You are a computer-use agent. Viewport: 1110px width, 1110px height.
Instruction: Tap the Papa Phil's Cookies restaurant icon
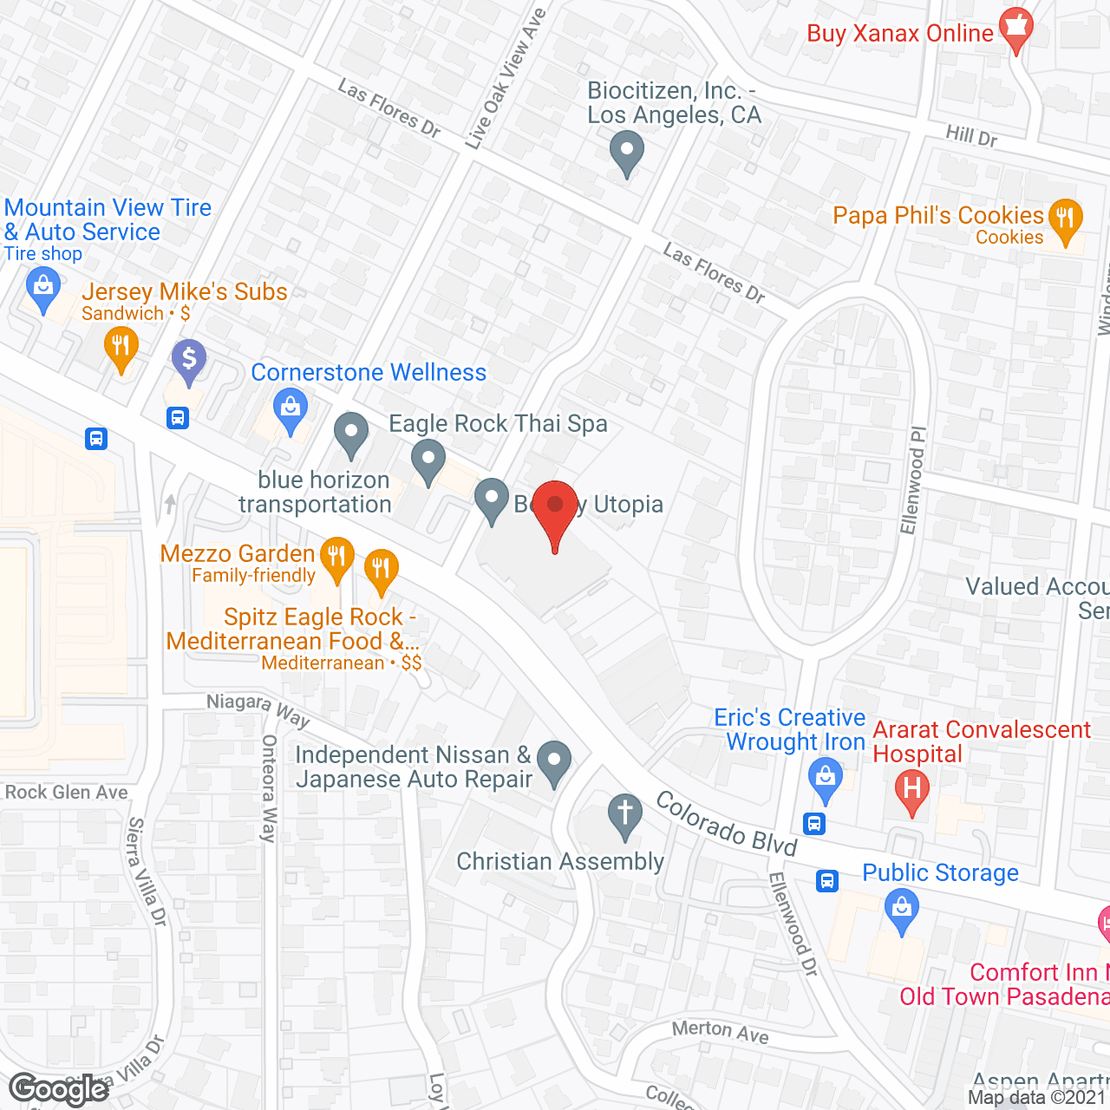tap(1065, 220)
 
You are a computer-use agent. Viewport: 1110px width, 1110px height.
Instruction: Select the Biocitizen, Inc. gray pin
tap(626, 153)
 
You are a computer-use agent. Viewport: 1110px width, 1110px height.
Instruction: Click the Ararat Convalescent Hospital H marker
tap(911, 790)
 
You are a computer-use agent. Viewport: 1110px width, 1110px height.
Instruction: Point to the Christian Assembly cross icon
tap(624, 815)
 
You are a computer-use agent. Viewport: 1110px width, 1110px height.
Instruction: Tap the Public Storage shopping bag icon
tap(902, 911)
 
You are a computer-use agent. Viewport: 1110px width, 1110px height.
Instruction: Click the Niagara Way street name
tap(258, 709)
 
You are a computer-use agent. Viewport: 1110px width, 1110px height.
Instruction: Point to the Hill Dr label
tap(971, 135)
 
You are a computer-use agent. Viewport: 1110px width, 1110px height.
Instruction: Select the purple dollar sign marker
tap(188, 359)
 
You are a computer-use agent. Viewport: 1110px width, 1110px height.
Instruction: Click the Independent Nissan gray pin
tap(554, 762)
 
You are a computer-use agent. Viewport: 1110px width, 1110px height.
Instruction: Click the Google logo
tap(58, 1089)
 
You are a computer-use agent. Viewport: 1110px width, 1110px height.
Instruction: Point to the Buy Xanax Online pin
tap(1015, 29)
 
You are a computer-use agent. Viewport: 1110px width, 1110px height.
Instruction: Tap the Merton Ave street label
tap(720, 1031)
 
